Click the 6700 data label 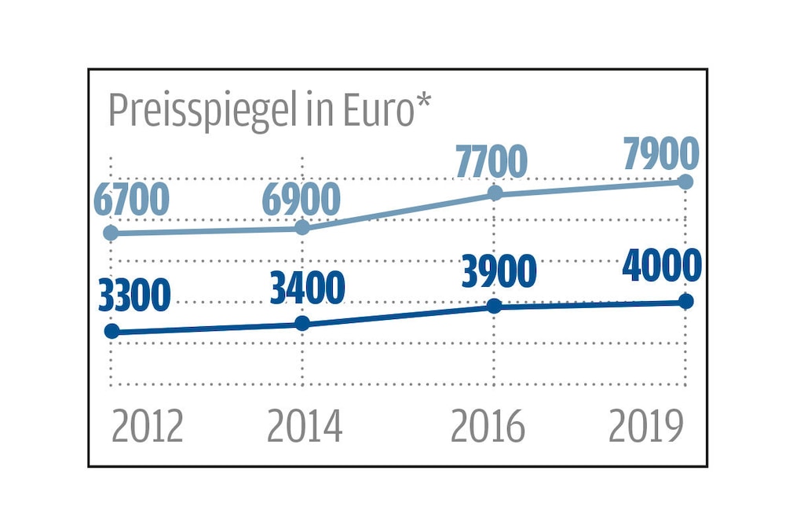pyautogui.click(x=131, y=200)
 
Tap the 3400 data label pyautogui.click(x=307, y=288)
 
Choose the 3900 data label pyautogui.click(x=499, y=271)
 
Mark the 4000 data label pyautogui.click(x=661, y=266)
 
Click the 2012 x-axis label pyautogui.click(x=147, y=427)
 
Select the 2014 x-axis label pyautogui.click(x=305, y=427)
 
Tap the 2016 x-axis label pyautogui.click(x=488, y=427)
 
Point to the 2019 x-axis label pyautogui.click(x=646, y=427)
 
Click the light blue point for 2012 pyautogui.click(x=111, y=233)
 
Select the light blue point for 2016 pyautogui.click(x=495, y=193)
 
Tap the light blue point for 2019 pyautogui.click(x=685, y=182)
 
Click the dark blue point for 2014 pyautogui.click(x=303, y=323)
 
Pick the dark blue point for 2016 pyautogui.click(x=495, y=306)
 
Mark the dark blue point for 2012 pyautogui.click(x=111, y=332)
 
